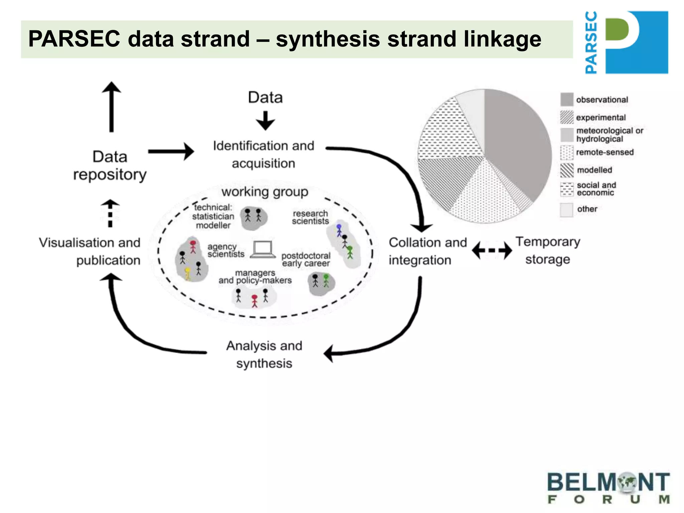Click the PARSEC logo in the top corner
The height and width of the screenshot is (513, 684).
coord(627,42)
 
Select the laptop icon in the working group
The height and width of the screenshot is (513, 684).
coord(263,249)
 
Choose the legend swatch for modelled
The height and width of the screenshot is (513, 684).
coord(567,170)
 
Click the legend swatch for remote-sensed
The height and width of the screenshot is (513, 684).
coord(567,152)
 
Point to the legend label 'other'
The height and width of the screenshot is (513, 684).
coord(587,209)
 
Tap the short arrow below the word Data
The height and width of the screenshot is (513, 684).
coord(266,121)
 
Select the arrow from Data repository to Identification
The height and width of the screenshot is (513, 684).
coord(171,152)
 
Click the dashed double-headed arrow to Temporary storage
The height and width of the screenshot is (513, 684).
coord(492,250)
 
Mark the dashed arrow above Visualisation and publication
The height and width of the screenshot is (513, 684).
coord(110,213)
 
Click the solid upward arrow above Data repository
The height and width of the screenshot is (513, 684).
coord(112,107)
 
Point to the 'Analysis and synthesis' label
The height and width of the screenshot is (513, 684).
coord(264,354)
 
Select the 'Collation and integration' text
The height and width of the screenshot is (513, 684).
coord(427,251)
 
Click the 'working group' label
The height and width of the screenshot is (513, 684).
coord(265,192)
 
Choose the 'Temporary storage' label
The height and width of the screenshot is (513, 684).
coord(548,250)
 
